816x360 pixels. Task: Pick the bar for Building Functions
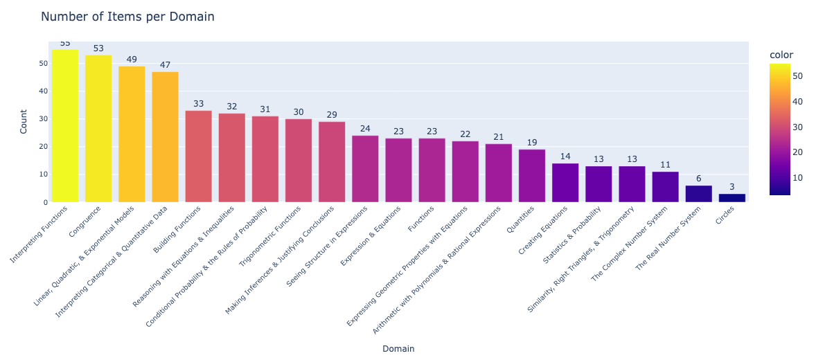198,156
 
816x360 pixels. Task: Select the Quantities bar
531,176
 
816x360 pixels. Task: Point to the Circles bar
731,198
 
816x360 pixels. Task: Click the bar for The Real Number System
698,194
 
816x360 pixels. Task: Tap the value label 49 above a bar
132,60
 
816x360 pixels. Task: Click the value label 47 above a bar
165,65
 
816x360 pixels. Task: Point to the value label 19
531,143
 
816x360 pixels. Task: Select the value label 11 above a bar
665,165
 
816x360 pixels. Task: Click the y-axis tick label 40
43,91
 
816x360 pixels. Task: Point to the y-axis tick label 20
43,147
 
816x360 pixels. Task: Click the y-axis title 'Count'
23,122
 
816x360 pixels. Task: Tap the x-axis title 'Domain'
398,349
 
